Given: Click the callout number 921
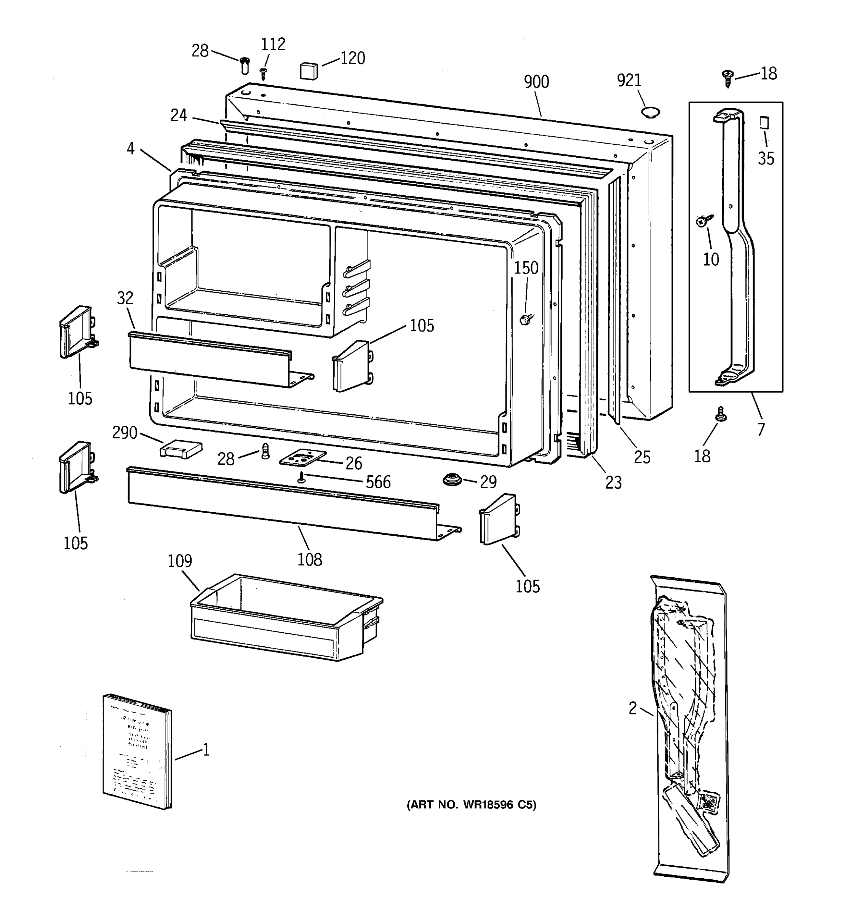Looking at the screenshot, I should [628, 80].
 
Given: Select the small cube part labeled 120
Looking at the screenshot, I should [309, 71].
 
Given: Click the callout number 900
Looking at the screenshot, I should [536, 82].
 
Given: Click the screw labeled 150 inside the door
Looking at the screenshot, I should [526, 318].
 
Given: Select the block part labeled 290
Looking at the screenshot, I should [181, 449].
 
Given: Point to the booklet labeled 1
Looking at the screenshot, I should [137, 751].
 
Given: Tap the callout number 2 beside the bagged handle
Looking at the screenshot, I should [633, 708].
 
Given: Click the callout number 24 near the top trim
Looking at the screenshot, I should [179, 115].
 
